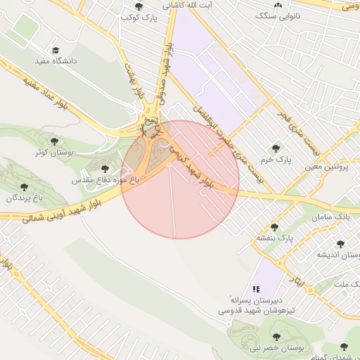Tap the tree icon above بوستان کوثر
[x=55, y=141]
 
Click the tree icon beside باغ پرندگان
[x=25, y=188]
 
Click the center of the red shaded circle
[x=180, y=179]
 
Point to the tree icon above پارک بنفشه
[x=274, y=226]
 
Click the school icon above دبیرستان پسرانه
[x=257, y=288]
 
